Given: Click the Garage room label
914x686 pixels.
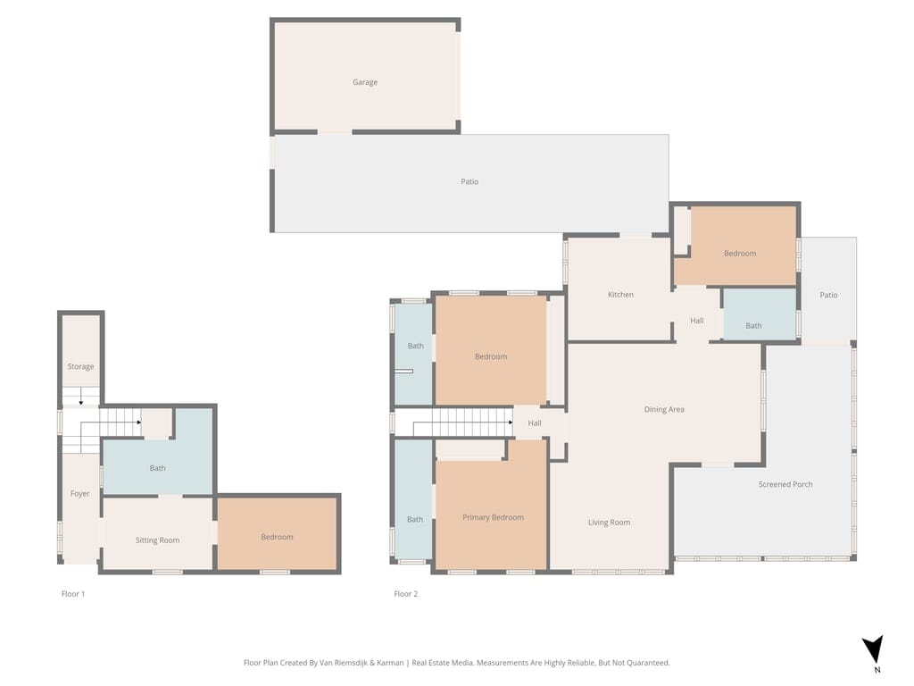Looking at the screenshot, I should [364, 82].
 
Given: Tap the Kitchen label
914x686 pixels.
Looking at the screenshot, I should [620, 295].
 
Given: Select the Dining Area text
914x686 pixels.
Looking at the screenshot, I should [664, 410].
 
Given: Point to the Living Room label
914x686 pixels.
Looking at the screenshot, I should [609, 523].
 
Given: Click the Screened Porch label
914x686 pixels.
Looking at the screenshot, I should [785, 484].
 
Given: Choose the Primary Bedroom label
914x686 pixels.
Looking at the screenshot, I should [493, 517].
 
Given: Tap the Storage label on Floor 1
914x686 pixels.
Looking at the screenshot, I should [80, 367].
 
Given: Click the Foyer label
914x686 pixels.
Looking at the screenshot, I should [80, 494].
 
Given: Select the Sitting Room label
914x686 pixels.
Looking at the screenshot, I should [157, 540].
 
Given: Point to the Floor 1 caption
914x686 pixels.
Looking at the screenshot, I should [72, 593].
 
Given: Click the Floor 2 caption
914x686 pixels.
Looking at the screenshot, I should [405, 593].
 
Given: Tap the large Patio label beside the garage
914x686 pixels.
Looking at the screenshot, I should [469, 182].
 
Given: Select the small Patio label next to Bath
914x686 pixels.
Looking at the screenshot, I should [828, 296].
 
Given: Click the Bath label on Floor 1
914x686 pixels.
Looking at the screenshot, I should [157, 468].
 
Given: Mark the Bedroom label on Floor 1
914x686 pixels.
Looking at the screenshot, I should [277, 537].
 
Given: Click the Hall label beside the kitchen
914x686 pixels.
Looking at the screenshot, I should [696, 321].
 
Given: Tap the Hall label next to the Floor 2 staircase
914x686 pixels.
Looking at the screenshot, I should [535, 423].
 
